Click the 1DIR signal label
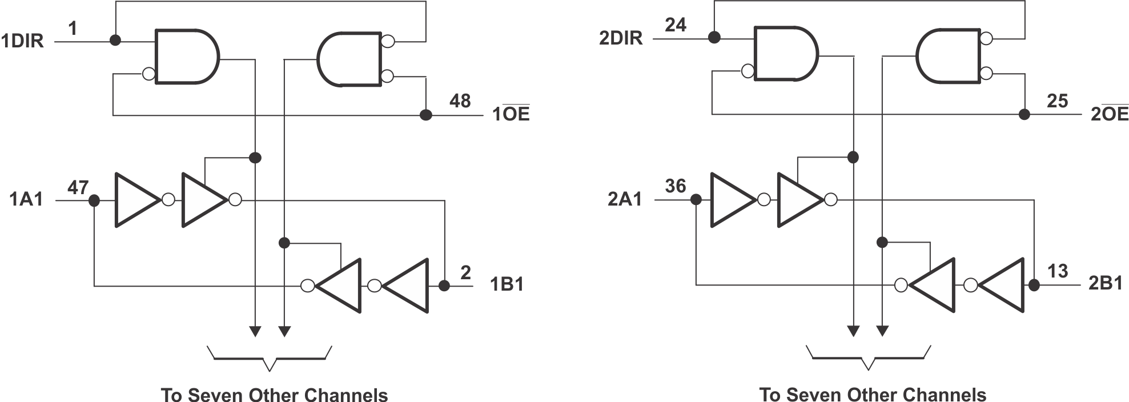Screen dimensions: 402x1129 click(22, 42)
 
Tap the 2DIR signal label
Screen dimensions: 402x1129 click(621, 38)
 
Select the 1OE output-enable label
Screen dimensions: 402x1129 click(511, 114)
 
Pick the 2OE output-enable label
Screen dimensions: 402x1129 click(1110, 114)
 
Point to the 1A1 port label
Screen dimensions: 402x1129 click(26, 199)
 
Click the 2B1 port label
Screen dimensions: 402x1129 click(1106, 283)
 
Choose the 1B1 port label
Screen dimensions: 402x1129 click(507, 284)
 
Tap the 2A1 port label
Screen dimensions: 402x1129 click(625, 199)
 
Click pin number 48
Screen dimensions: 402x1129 click(460, 101)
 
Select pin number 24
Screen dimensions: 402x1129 click(676, 25)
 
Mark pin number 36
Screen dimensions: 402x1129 click(676, 186)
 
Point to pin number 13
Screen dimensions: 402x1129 click(1058, 271)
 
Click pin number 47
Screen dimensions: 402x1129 click(78, 187)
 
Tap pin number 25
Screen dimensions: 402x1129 click(1058, 101)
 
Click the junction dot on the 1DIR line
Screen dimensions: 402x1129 click(115, 41)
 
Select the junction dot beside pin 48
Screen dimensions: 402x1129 click(425, 115)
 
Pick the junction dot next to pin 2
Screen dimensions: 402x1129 click(444, 286)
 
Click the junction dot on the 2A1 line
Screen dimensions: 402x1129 click(696, 200)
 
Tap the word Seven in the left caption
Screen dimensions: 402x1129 click(216, 395)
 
